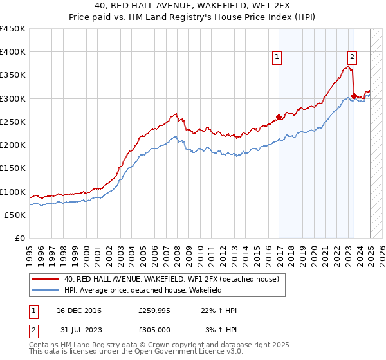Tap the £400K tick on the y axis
[x=12, y=52]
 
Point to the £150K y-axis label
[x=12, y=168]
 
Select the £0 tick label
[x=19, y=239]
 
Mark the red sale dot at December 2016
[x=279, y=117]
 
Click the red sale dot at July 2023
[x=354, y=96]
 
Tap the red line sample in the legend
[x=45, y=279]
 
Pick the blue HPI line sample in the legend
[x=45, y=291]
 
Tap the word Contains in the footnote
[x=44, y=345]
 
